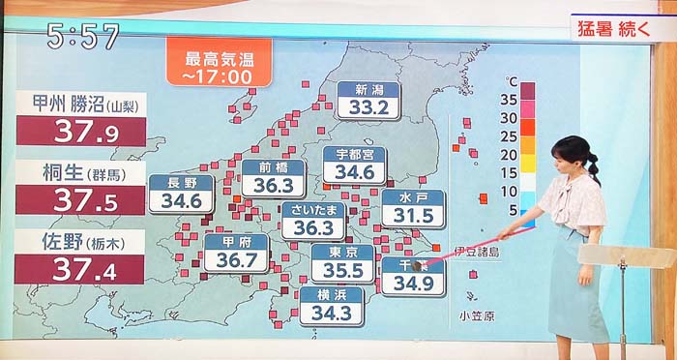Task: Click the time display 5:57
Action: pos(83,36)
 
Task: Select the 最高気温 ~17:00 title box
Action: pos(218,63)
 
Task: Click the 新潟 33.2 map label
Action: pos(368,99)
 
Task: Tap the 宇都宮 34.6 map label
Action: pos(354,165)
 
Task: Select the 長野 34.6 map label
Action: pos(181,194)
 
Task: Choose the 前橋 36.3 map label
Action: pos(273,177)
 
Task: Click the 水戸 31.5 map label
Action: pos(412,207)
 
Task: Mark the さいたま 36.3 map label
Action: pos(312,221)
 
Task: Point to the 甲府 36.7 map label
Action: pos(236,253)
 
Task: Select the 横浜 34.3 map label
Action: pos(331,305)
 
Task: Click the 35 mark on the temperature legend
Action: pos(509,98)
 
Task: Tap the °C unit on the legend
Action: pos(512,80)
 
